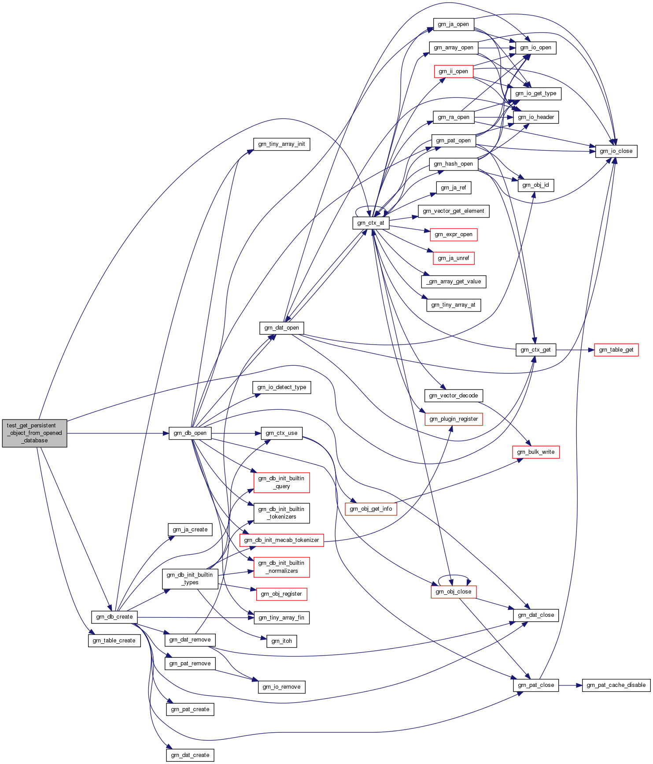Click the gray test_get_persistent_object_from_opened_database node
point(34,433)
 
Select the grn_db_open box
point(190,433)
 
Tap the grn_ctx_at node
point(371,223)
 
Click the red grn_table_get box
point(616,350)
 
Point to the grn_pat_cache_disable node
point(616,685)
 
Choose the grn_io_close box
point(616,151)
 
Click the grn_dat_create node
point(190,755)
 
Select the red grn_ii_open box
point(453,71)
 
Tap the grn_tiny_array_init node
point(282,144)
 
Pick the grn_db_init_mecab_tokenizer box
point(281,540)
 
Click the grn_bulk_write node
point(536,452)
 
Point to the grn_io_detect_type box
point(282,387)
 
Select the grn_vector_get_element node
point(454,211)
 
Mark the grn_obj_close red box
point(454,592)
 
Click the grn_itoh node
point(282,641)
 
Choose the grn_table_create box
point(114,641)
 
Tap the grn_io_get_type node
point(536,93)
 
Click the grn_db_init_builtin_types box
point(190,579)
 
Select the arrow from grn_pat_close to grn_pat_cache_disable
point(570,685)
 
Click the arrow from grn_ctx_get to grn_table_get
point(575,350)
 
